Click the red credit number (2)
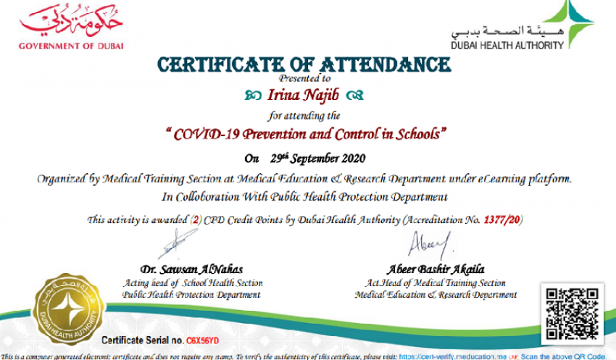tap(193, 219)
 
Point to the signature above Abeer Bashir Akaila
tap(430, 243)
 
